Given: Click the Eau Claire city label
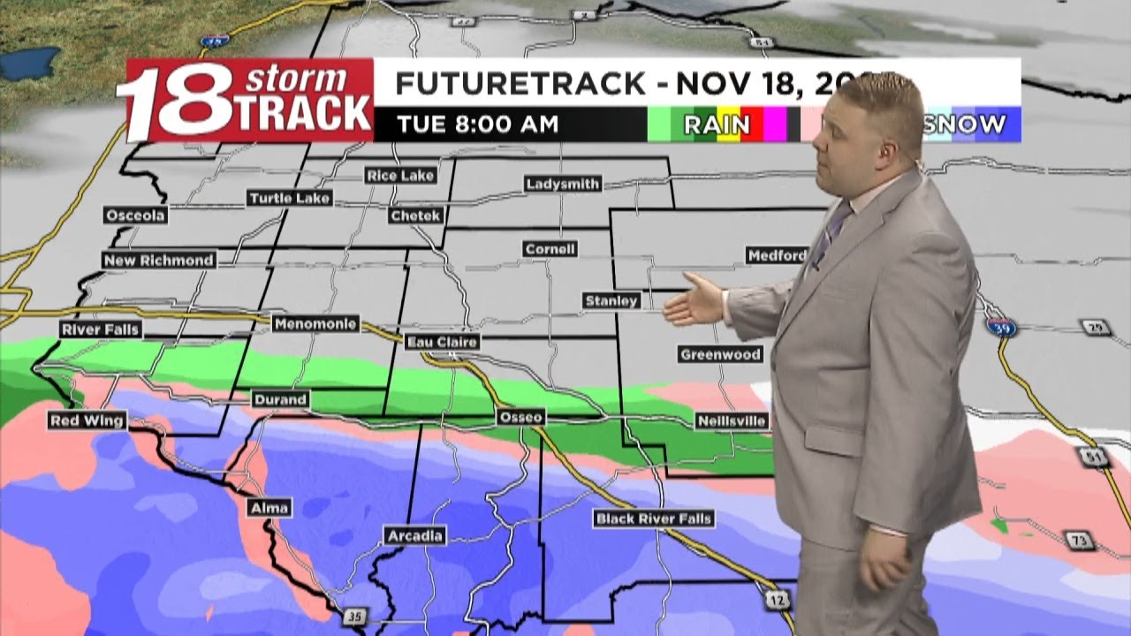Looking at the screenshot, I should click(442, 342).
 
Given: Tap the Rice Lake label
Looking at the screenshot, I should click(400, 176).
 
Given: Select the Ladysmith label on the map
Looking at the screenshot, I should click(563, 185).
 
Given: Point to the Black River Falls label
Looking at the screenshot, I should click(654, 519).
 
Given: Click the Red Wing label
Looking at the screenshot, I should click(87, 420).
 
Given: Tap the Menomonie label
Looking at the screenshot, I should click(315, 324).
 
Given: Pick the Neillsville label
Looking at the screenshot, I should click(732, 420).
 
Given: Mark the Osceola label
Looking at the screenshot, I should click(135, 216).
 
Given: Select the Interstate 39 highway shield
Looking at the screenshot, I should click(1001, 326).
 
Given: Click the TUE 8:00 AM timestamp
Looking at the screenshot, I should click(477, 125).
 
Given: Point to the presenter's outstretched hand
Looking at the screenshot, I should click(694, 301).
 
